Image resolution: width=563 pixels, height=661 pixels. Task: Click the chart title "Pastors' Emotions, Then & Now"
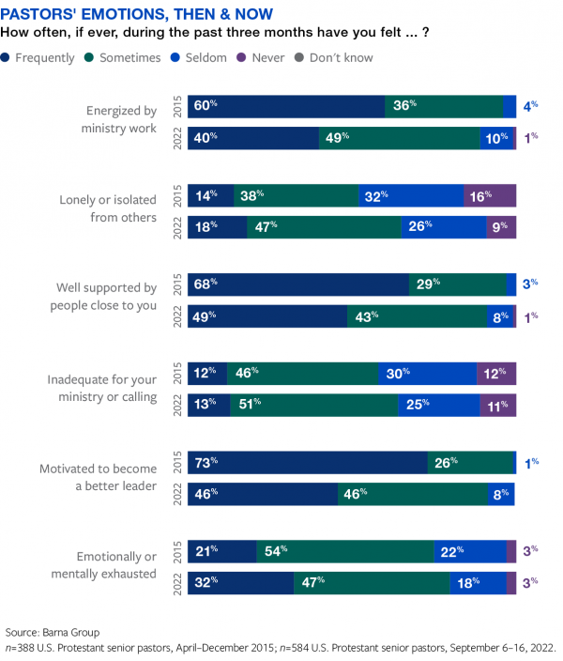(140, 15)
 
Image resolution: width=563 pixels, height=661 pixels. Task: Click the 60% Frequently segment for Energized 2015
(286, 106)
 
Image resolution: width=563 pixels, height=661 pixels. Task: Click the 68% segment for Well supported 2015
(298, 284)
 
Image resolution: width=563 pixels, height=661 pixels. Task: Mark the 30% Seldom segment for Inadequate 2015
(428, 374)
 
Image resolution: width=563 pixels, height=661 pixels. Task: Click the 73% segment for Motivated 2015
(307, 463)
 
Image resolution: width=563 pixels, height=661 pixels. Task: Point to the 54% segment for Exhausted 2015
(344, 551)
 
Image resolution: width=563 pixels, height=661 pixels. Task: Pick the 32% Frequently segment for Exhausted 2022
(240, 583)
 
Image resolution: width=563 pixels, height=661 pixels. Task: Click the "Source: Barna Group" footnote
(53, 631)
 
